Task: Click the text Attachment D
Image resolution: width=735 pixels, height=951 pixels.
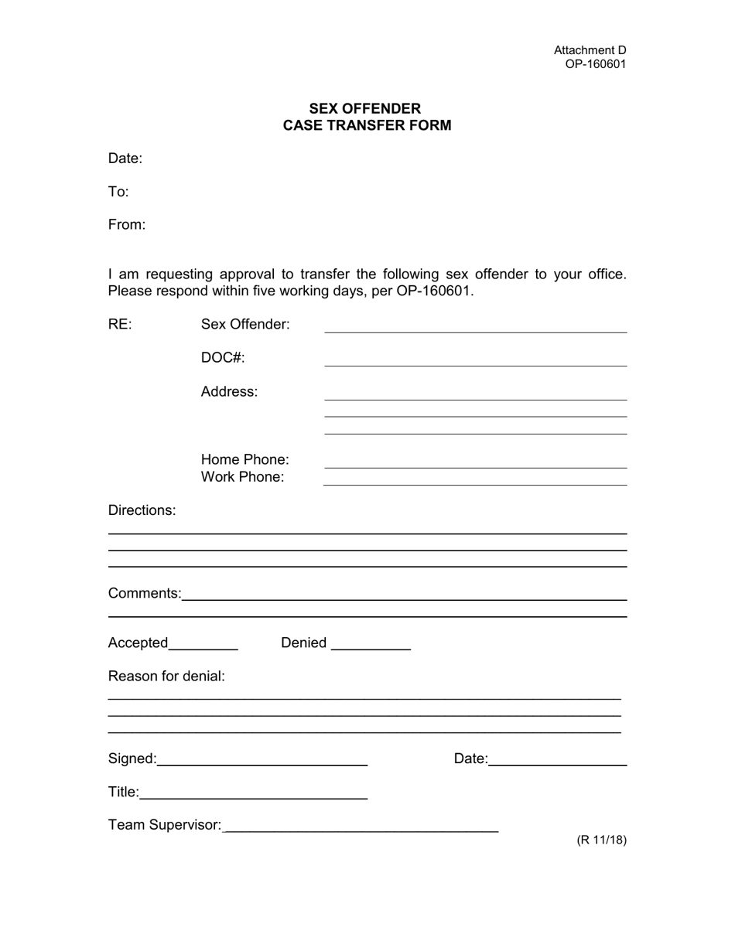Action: click(x=590, y=50)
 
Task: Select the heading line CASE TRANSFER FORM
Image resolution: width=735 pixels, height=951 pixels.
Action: click(x=367, y=125)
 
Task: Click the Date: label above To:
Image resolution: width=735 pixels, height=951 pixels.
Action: click(x=125, y=158)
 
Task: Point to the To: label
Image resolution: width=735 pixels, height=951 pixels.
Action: click(x=118, y=192)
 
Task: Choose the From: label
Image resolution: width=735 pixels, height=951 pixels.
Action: click(x=127, y=225)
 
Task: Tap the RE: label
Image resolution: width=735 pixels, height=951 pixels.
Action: click(x=120, y=325)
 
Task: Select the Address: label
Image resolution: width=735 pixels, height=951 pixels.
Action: click(x=229, y=392)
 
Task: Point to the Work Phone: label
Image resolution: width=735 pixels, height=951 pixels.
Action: click(x=242, y=477)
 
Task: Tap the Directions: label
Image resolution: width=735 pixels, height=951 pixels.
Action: click(x=142, y=510)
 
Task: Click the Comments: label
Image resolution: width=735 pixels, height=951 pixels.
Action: click(x=145, y=594)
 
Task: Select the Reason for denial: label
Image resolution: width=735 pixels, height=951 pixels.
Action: click(x=166, y=677)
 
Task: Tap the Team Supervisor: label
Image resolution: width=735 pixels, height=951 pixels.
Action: click(x=165, y=826)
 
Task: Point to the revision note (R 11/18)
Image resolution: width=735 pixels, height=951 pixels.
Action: click(x=601, y=840)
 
